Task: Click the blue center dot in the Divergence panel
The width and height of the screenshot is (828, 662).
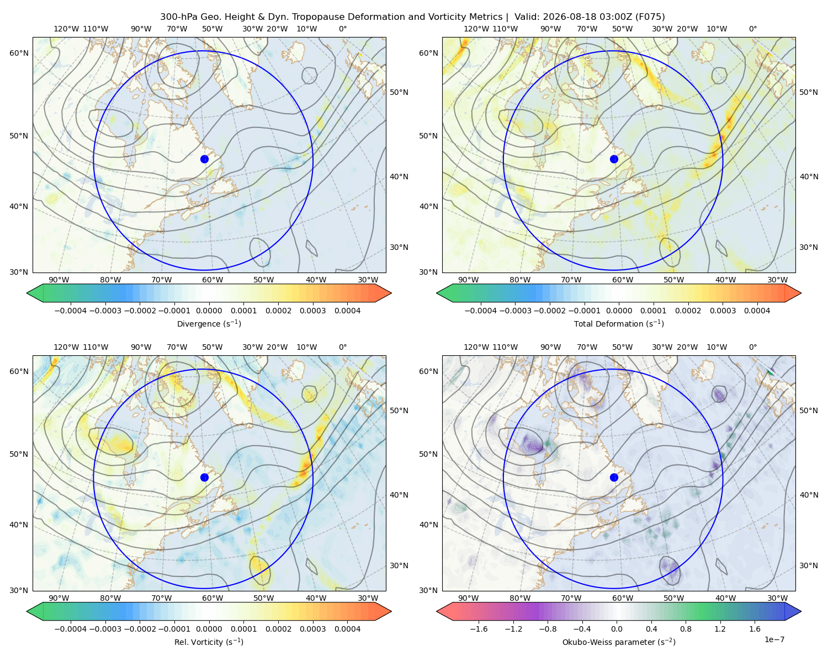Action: (x=204, y=159)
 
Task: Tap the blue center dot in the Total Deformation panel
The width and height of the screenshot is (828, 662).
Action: (x=614, y=159)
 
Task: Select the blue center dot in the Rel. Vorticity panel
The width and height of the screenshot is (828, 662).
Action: (x=204, y=477)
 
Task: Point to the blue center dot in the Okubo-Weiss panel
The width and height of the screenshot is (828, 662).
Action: (x=614, y=477)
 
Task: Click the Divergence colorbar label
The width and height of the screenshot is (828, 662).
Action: (x=209, y=324)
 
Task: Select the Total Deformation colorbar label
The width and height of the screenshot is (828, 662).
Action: (x=619, y=324)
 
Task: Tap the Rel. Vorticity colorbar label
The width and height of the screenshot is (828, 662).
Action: (x=209, y=642)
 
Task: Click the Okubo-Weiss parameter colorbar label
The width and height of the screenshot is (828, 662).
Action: (x=619, y=642)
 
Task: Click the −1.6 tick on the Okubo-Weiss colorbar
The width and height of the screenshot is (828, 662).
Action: (x=479, y=629)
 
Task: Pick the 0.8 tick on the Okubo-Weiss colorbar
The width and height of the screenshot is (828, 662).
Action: (x=686, y=629)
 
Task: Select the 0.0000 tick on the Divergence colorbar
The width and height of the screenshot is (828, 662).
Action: (x=209, y=311)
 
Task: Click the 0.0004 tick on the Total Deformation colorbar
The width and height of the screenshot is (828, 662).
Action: (x=757, y=311)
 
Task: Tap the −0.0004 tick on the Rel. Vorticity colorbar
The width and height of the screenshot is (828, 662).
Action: (x=71, y=629)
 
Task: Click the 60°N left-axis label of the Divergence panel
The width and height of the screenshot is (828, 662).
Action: (x=19, y=53)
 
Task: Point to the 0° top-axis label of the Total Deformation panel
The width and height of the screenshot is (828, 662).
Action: (x=752, y=29)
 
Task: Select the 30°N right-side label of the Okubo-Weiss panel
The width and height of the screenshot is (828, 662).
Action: (x=809, y=565)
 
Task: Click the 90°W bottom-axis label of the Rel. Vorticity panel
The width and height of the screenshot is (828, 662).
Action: (x=59, y=598)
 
